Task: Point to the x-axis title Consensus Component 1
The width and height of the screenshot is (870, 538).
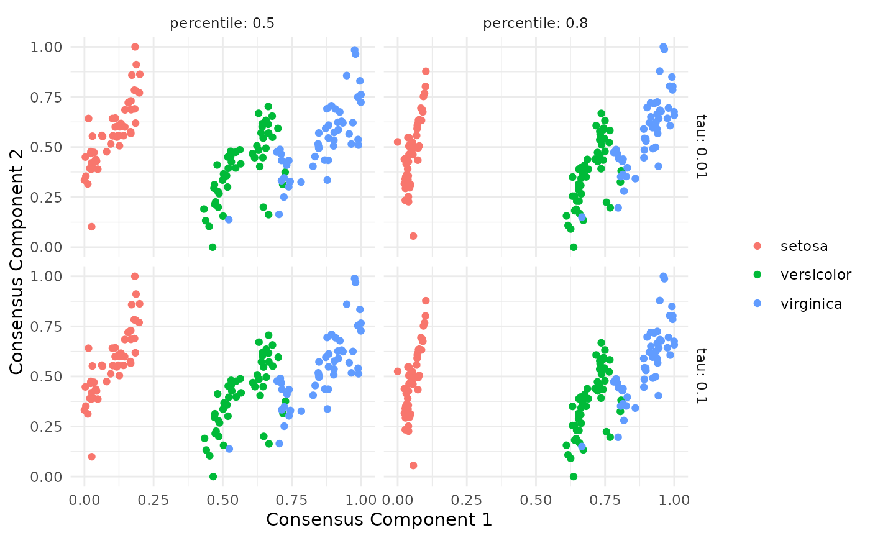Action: tap(379, 519)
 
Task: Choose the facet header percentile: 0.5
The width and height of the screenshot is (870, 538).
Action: tap(222, 24)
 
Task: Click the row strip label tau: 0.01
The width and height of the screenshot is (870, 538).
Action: tap(701, 146)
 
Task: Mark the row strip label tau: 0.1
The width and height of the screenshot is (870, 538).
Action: tap(701, 375)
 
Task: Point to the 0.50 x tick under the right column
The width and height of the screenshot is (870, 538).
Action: tap(536, 499)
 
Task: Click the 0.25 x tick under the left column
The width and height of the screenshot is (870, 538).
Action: tap(153, 499)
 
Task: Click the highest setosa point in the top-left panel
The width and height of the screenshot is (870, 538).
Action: tap(135, 47)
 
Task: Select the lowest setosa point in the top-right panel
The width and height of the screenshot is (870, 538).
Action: tap(413, 236)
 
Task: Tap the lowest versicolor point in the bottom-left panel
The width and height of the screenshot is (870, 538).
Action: tap(213, 476)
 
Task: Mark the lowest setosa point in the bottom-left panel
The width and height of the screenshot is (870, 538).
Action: tap(91, 457)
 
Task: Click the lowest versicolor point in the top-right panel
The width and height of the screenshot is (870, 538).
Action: tap(574, 247)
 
